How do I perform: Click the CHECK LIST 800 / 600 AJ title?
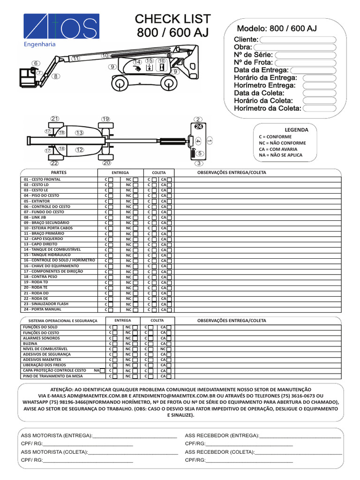(172, 26)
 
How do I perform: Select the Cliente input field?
(298, 39)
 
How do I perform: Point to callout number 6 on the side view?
(35, 63)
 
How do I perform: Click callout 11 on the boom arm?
(75, 59)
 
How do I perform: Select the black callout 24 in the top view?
(198, 127)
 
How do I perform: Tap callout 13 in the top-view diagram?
(79, 133)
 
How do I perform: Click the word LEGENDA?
(296, 130)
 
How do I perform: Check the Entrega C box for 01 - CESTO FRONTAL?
(111, 180)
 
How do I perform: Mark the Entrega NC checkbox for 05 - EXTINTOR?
(135, 201)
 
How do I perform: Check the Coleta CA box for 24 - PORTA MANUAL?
(169, 309)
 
